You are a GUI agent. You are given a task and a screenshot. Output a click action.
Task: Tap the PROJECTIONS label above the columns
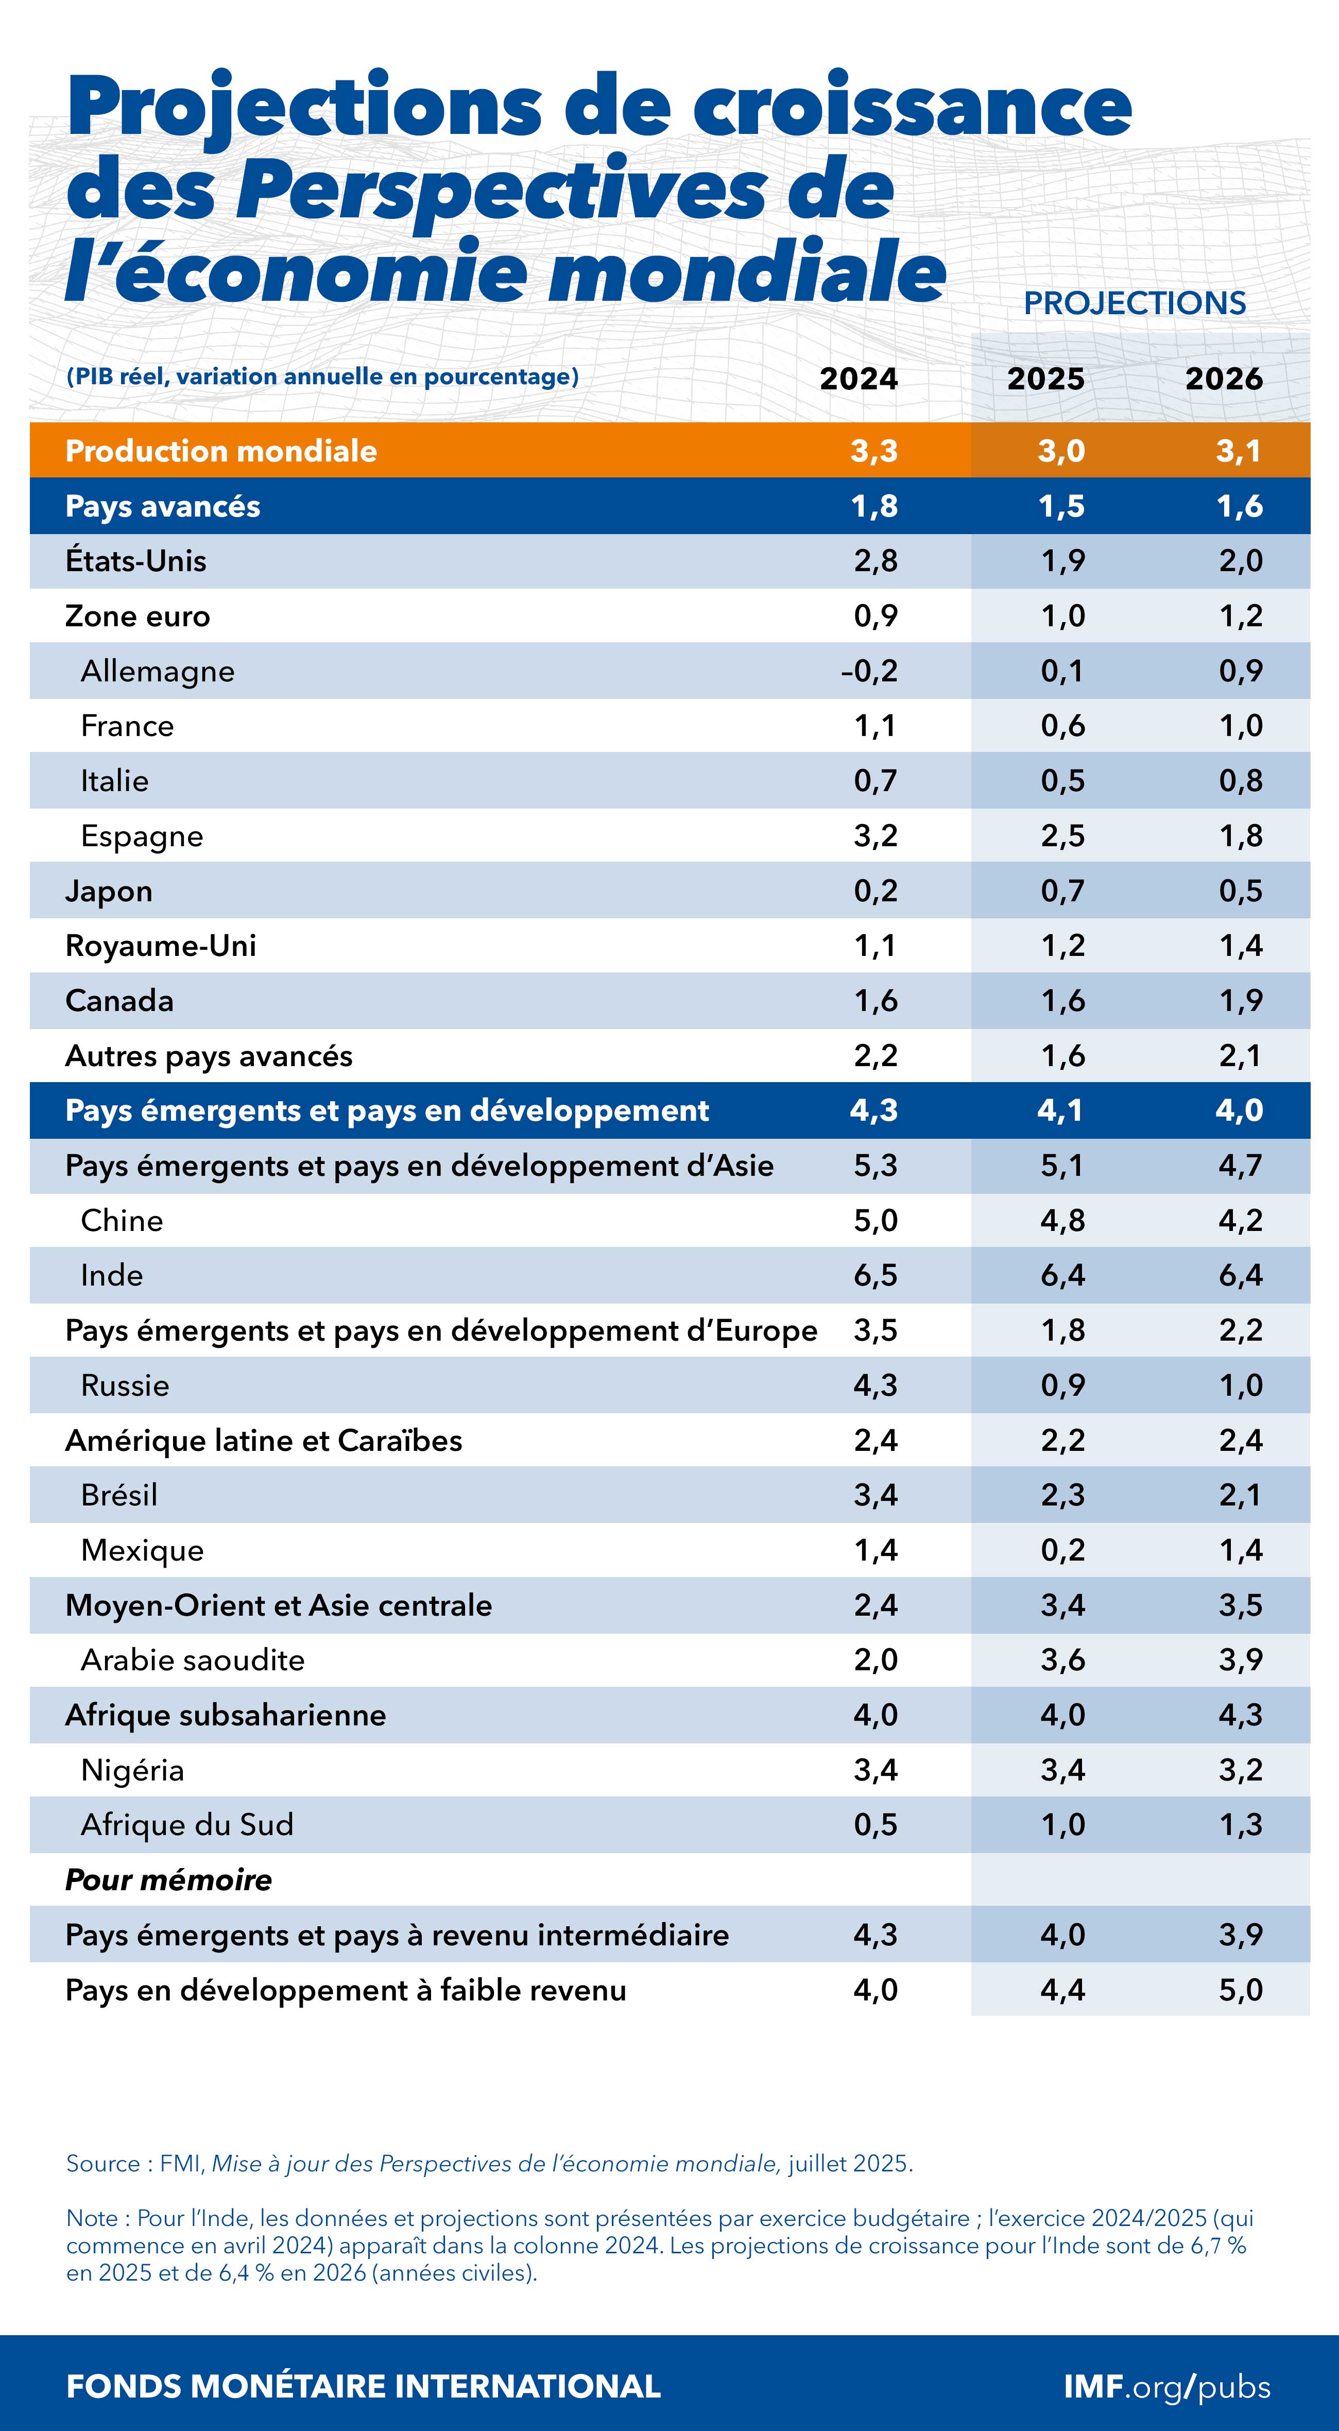coord(1134,303)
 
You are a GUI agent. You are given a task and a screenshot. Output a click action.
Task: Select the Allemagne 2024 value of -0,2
coord(869,671)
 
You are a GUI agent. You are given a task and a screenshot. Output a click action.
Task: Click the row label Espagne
coord(142,836)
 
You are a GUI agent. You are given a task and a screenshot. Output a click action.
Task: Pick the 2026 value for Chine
coord(1240,1220)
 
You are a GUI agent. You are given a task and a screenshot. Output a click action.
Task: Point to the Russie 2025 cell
coord(1062,1385)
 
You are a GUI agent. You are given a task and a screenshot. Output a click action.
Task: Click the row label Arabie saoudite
coord(193,1660)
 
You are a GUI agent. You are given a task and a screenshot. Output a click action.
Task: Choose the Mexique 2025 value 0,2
coord(1062,1550)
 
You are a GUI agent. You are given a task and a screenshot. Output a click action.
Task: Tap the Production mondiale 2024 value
coord(874,451)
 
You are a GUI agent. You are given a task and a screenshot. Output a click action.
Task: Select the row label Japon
coord(109,891)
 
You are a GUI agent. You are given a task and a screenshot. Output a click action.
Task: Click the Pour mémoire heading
coord(168,1880)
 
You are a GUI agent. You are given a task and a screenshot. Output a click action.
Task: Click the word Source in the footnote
coord(102,2164)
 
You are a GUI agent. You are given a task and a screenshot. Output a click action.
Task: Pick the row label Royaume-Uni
coord(160,946)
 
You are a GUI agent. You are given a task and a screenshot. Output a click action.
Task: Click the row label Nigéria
coord(132,1770)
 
